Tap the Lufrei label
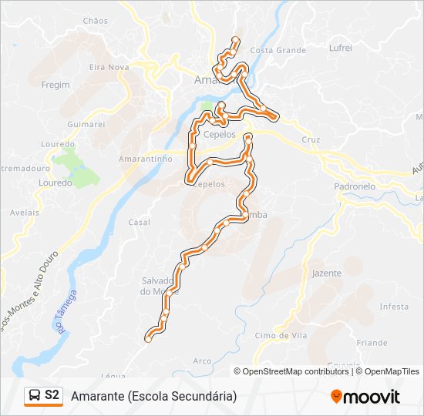[340, 48]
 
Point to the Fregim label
[56, 85]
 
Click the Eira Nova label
[109, 68]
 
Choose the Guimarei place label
[86, 123]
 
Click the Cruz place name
[311, 139]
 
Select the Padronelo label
[355, 186]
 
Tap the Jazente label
[327, 273]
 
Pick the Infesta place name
[394, 307]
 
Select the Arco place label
[202, 361]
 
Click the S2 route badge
[44, 395]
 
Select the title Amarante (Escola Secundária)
[153, 396]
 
